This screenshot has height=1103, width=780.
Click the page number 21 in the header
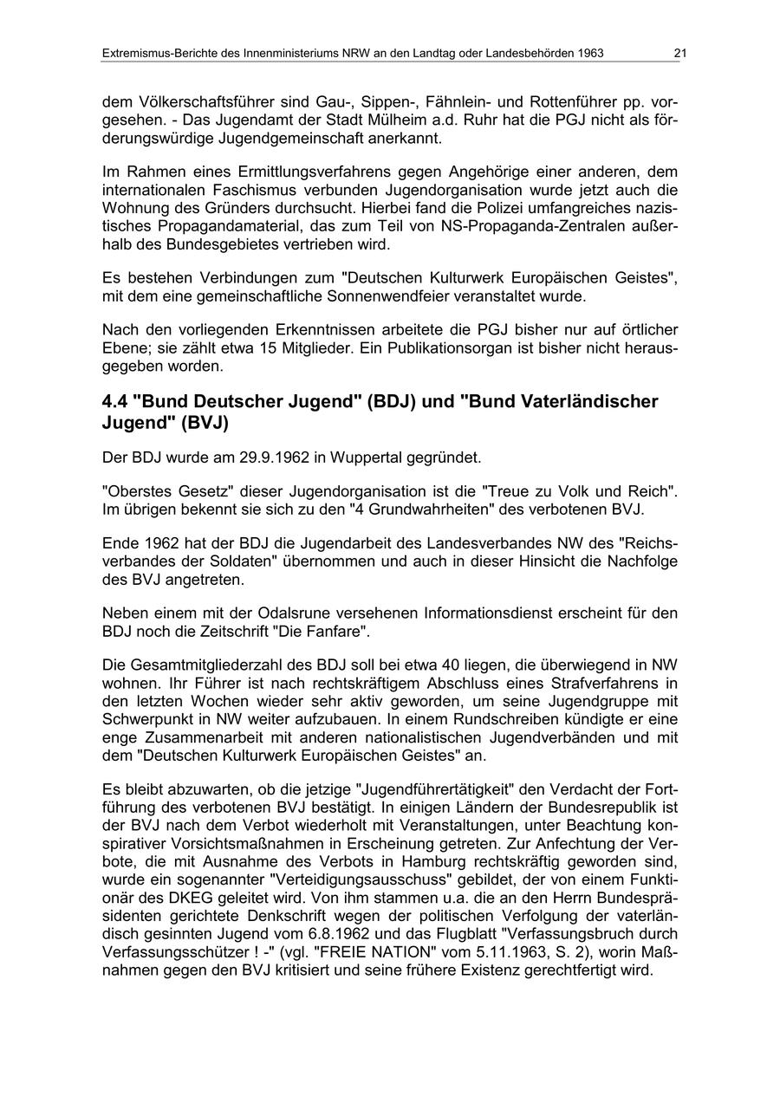[x=680, y=54]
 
